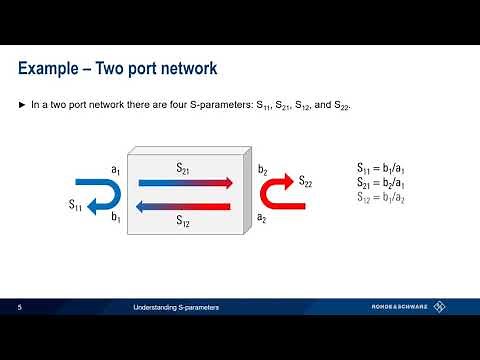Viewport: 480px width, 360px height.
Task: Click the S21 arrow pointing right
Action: tap(186, 183)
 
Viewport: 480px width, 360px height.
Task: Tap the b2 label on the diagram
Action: tap(262, 172)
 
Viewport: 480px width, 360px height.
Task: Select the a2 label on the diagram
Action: tap(262, 216)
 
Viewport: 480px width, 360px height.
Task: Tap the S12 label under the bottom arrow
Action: tap(185, 220)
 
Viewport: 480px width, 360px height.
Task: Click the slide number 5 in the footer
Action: tap(20, 307)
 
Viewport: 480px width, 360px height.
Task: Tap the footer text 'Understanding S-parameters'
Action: tap(176, 307)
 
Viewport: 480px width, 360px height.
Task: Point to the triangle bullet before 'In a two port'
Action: tap(24, 104)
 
